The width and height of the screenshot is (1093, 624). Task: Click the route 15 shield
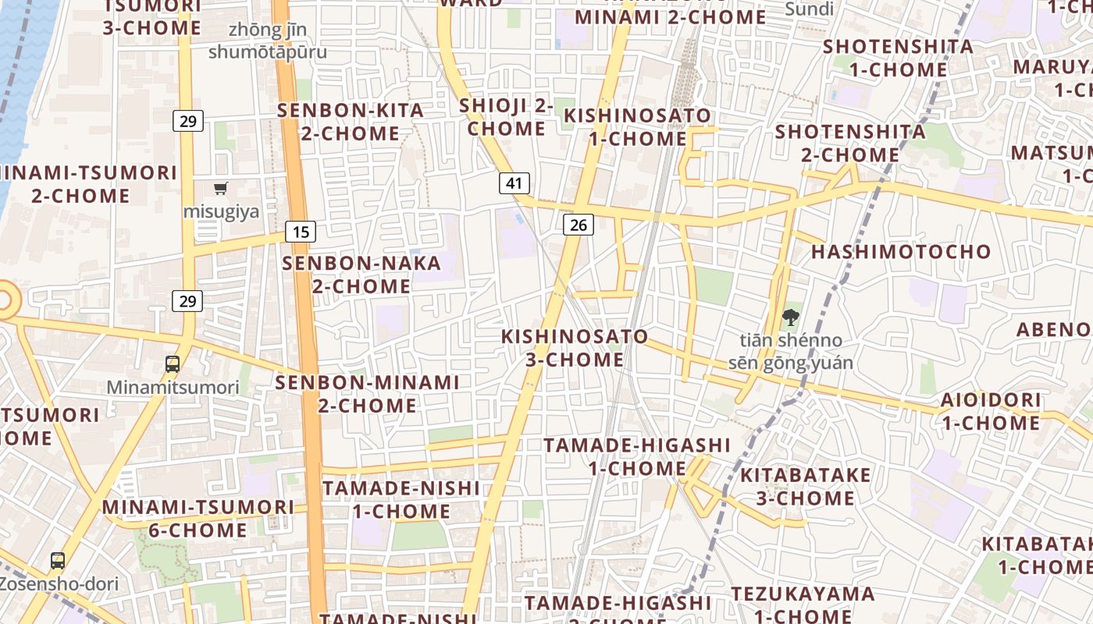(x=301, y=232)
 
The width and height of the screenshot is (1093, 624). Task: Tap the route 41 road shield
(x=514, y=183)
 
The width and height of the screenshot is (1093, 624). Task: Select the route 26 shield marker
(x=578, y=225)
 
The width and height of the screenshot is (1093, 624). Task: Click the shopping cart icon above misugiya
(x=221, y=188)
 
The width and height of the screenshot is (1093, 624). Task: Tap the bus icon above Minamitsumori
(x=173, y=363)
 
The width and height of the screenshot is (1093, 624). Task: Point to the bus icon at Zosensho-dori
(x=58, y=560)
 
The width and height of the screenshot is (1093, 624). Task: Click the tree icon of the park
(x=790, y=317)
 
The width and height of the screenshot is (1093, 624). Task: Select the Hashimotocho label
(x=901, y=252)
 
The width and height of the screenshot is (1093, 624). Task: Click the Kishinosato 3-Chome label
(x=575, y=348)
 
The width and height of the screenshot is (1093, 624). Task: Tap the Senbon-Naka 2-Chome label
(x=361, y=275)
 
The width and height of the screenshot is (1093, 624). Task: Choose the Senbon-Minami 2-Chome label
(x=367, y=394)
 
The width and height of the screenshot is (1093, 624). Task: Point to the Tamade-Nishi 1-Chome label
(x=401, y=500)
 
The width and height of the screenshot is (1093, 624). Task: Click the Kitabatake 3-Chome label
(x=805, y=487)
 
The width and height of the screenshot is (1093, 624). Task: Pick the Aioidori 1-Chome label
(x=990, y=412)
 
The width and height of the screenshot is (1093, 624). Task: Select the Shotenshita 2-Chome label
(x=850, y=143)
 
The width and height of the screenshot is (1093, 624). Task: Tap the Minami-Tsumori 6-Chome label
(x=198, y=519)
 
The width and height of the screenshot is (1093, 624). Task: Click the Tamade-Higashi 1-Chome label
(x=637, y=457)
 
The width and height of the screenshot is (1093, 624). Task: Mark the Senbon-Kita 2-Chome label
(x=351, y=122)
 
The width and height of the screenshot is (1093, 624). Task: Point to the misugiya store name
(x=221, y=211)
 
